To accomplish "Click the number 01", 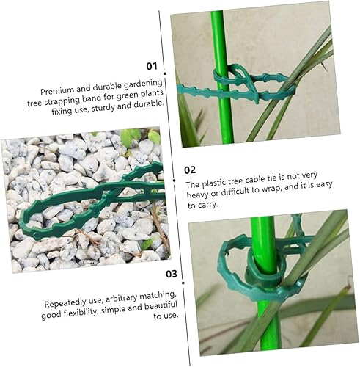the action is click(152, 66).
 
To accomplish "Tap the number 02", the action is click(190, 170).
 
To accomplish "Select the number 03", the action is click(172, 274).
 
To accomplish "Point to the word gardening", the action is click(143, 84).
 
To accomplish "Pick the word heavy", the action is click(197, 195).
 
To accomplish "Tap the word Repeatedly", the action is click(62, 303).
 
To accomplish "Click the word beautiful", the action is click(161, 306).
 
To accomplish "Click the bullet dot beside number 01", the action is click(165, 73).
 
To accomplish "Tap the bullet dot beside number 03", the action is click(183, 283).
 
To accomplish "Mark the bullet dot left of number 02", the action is click(174, 181).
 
